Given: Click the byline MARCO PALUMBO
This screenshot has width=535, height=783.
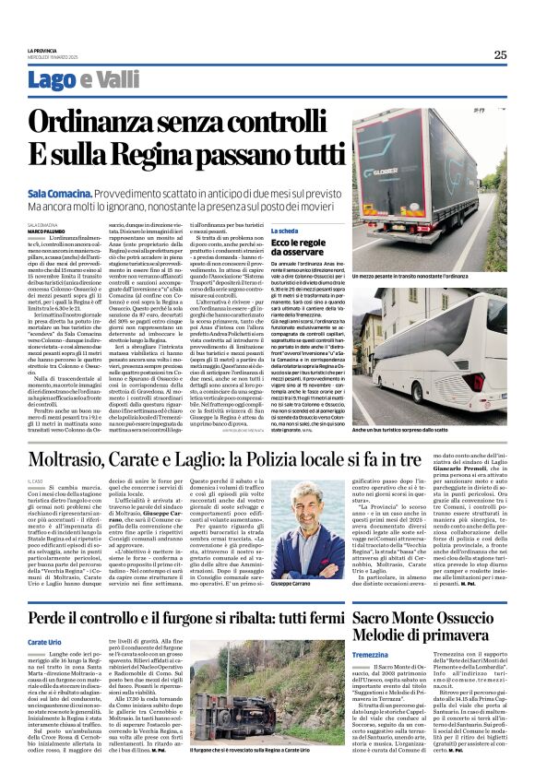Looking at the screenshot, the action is [x=46, y=231].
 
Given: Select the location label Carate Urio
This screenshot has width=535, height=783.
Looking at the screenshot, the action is [x=44, y=641].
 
